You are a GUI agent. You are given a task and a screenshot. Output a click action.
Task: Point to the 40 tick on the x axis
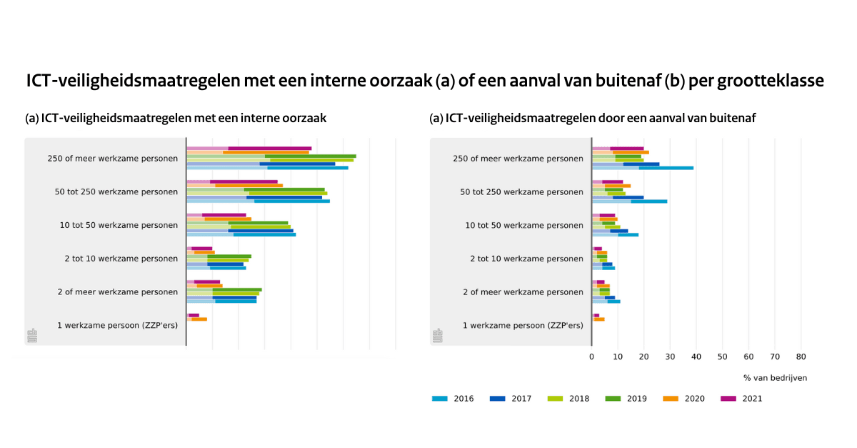pyautogui.click(x=696, y=356)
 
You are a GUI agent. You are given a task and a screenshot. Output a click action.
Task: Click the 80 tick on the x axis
pyautogui.click(x=801, y=356)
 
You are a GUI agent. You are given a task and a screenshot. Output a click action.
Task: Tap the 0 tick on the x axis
pyautogui.click(x=591, y=356)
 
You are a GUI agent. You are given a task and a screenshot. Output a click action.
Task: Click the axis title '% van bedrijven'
pyautogui.click(x=775, y=377)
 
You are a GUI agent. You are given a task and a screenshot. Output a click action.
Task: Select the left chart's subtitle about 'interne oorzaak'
pyautogui.click(x=176, y=119)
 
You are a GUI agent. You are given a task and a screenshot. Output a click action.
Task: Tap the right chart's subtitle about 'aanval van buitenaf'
pyautogui.click(x=592, y=119)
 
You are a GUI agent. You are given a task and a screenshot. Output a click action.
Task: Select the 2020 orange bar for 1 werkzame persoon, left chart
pyautogui.click(x=199, y=319)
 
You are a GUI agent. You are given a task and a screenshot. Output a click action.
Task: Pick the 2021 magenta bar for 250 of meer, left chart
pyautogui.click(x=270, y=148)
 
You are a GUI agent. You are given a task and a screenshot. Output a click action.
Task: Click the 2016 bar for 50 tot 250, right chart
pyautogui.click(x=649, y=201)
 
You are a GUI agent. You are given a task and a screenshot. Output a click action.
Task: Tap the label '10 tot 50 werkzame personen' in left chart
pyautogui.click(x=119, y=225)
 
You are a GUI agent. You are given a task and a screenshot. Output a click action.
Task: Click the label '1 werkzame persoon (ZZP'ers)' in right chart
pyautogui.click(x=523, y=325)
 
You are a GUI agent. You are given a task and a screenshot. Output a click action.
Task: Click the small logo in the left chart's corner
pyautogui.click(x=32, y=335)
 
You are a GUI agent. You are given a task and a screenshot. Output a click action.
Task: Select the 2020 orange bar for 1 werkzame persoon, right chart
pyautogui.click(x=599, y=319)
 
